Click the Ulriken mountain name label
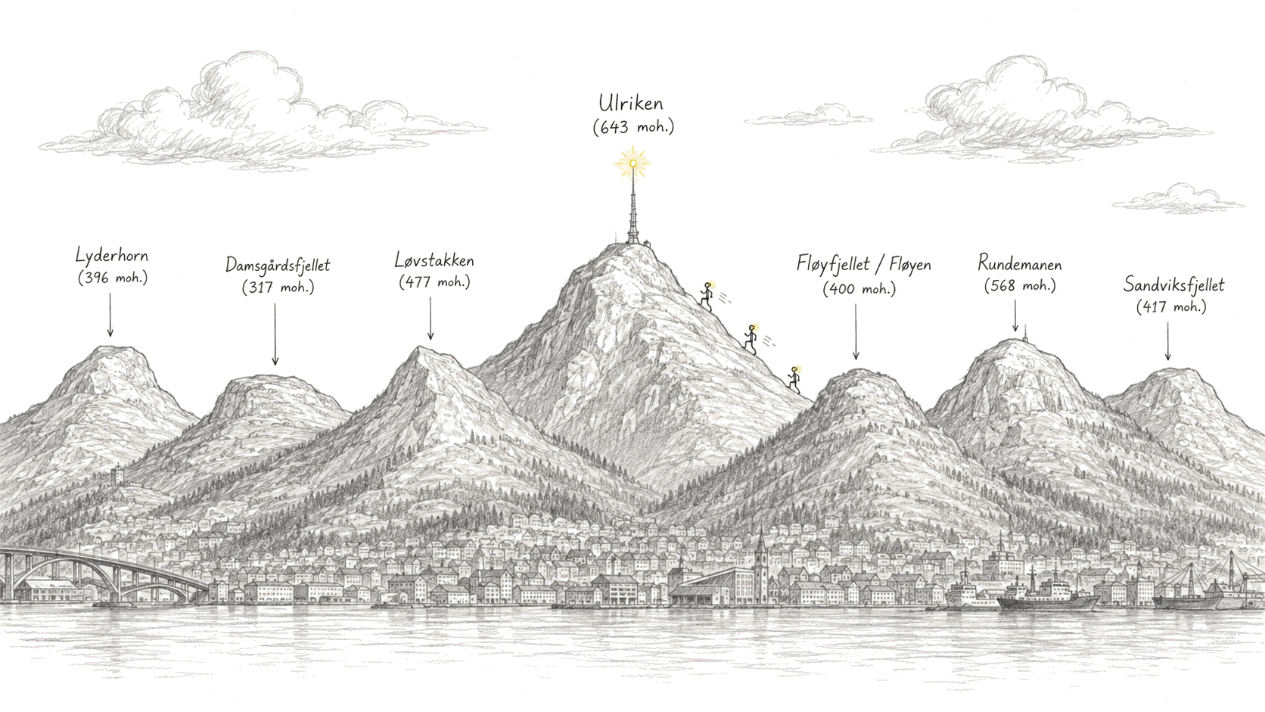click(631, 104)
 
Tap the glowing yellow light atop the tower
click(633, 163)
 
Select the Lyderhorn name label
click(112, 256)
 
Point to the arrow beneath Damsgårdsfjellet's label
click(275, 334)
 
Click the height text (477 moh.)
click(434, 281)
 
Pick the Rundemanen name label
click(1019, 263)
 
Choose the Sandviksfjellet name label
click(1173, 284)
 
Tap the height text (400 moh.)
click(859, 289)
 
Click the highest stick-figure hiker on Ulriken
click(707, 295)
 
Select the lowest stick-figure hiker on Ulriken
click(794, 379)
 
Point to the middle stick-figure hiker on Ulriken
click(751, 338)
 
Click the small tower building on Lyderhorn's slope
click(117, 475)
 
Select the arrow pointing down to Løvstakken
click(430, 319)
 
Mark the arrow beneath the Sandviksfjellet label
click(1168, 340)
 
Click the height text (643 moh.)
click(633, 128)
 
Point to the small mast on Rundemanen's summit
click(1025, 332)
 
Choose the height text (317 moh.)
click(278, 288)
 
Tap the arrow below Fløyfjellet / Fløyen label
click(856, 331)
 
